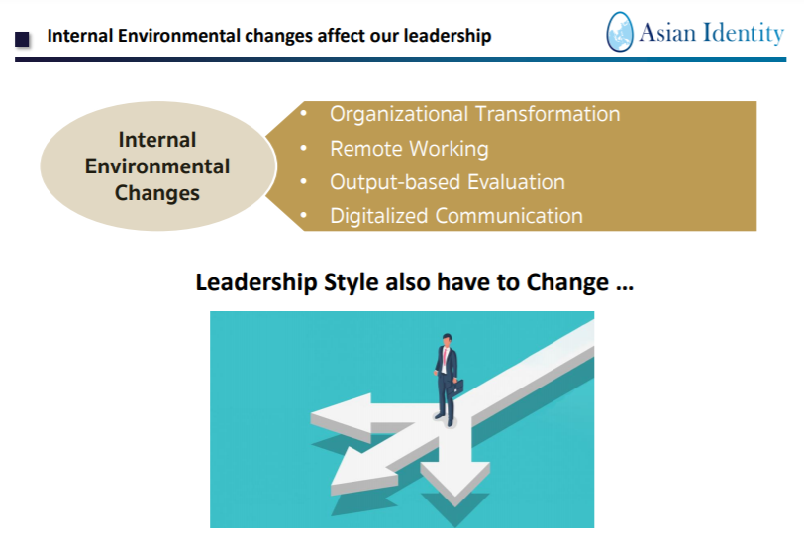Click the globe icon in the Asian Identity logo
pos(620,32)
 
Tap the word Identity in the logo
pos(743,33)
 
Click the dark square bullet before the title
pos(22,39)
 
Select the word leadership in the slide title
pos(448,36)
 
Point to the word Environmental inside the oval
pos(157,166)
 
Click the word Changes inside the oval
pos(157,193)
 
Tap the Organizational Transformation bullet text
pos(475,114)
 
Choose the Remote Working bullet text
pos(409,149)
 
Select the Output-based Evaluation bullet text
pos(448,182)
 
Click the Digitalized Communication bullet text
pos(456,216)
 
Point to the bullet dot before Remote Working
pos(304,149)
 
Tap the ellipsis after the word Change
pos(625,288)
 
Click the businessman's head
pos(448,340)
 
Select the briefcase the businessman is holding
pos(455,388)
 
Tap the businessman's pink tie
pos(446,357)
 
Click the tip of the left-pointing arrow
pos(311,415)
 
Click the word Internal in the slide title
pos(79,36)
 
